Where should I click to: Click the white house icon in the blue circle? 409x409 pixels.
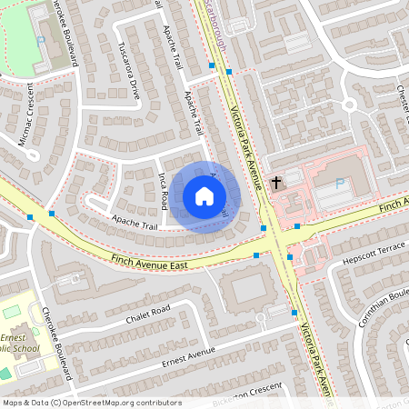(204, 196)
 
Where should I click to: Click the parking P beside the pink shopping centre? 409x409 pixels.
(340, 184)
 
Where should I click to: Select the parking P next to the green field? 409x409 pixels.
(39, 42)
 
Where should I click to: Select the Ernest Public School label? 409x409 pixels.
(18, 342)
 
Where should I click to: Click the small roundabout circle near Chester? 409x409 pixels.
(348, 105)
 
